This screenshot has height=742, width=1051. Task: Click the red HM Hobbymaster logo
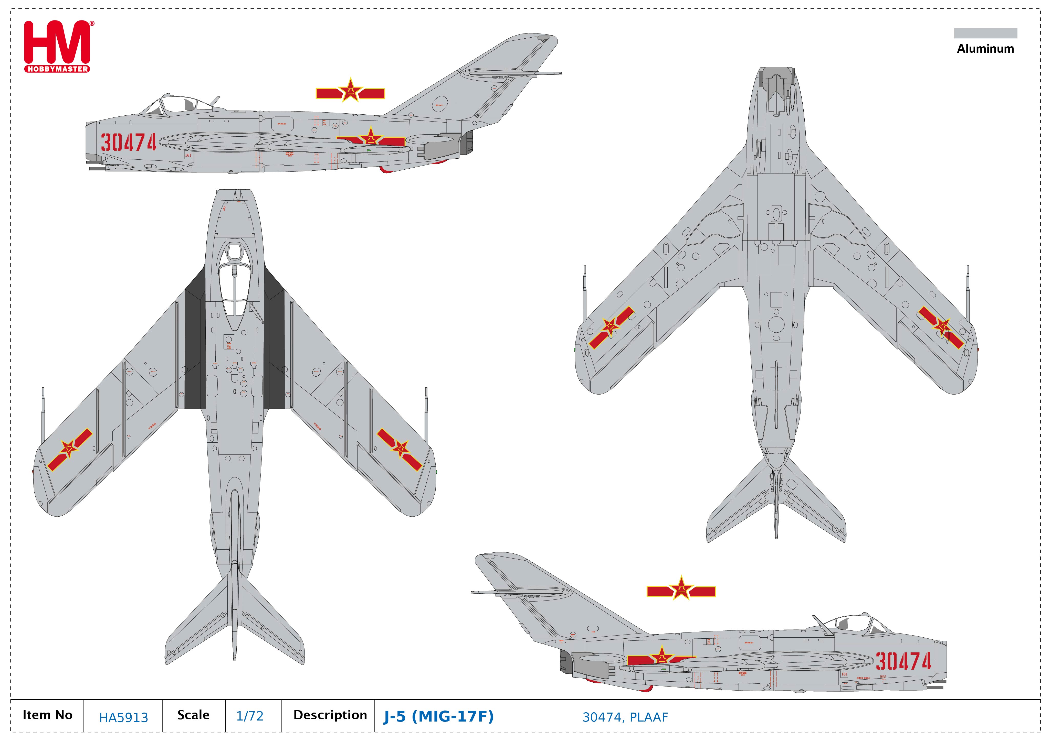tap(57, 46)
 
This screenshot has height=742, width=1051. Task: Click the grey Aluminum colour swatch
tap(985, 33)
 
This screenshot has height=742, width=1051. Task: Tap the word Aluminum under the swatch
tap(985, 49)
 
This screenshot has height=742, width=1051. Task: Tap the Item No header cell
tap(48, 715)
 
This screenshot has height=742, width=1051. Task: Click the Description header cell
tap(330, 715)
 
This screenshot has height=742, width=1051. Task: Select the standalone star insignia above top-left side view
tap(350, 92)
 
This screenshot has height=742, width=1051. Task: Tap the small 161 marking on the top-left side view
tap(188, 155)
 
